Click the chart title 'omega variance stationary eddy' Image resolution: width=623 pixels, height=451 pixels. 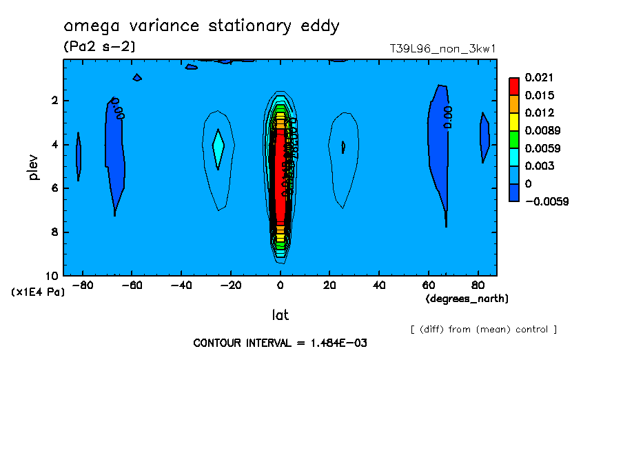pos(201,26)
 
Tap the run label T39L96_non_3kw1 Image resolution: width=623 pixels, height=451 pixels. pos(443,49)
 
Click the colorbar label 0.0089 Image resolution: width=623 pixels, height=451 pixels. pos(544,130)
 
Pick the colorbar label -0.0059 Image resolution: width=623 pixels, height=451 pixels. pos(547,201)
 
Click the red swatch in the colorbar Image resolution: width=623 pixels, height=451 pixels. pos(514,86)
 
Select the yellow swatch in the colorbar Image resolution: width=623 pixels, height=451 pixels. pos(514,121)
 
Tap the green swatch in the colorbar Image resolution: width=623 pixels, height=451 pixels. pos(514,139)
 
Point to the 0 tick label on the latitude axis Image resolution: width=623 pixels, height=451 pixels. pos(280,284)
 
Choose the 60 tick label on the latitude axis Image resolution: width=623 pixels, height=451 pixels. pos(428,284)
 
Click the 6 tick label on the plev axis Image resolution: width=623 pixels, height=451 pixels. pos(55,188)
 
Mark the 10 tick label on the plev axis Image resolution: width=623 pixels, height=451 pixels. pos(52,275)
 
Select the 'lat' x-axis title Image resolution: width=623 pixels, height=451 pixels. pos(280,315)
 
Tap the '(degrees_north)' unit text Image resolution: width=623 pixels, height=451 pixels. pos(467,299)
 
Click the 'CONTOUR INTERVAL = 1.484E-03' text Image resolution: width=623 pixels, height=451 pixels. pos(280,343)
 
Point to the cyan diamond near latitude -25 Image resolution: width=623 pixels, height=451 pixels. pos(218,147)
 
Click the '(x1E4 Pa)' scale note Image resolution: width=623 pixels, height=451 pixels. pos(38,292)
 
